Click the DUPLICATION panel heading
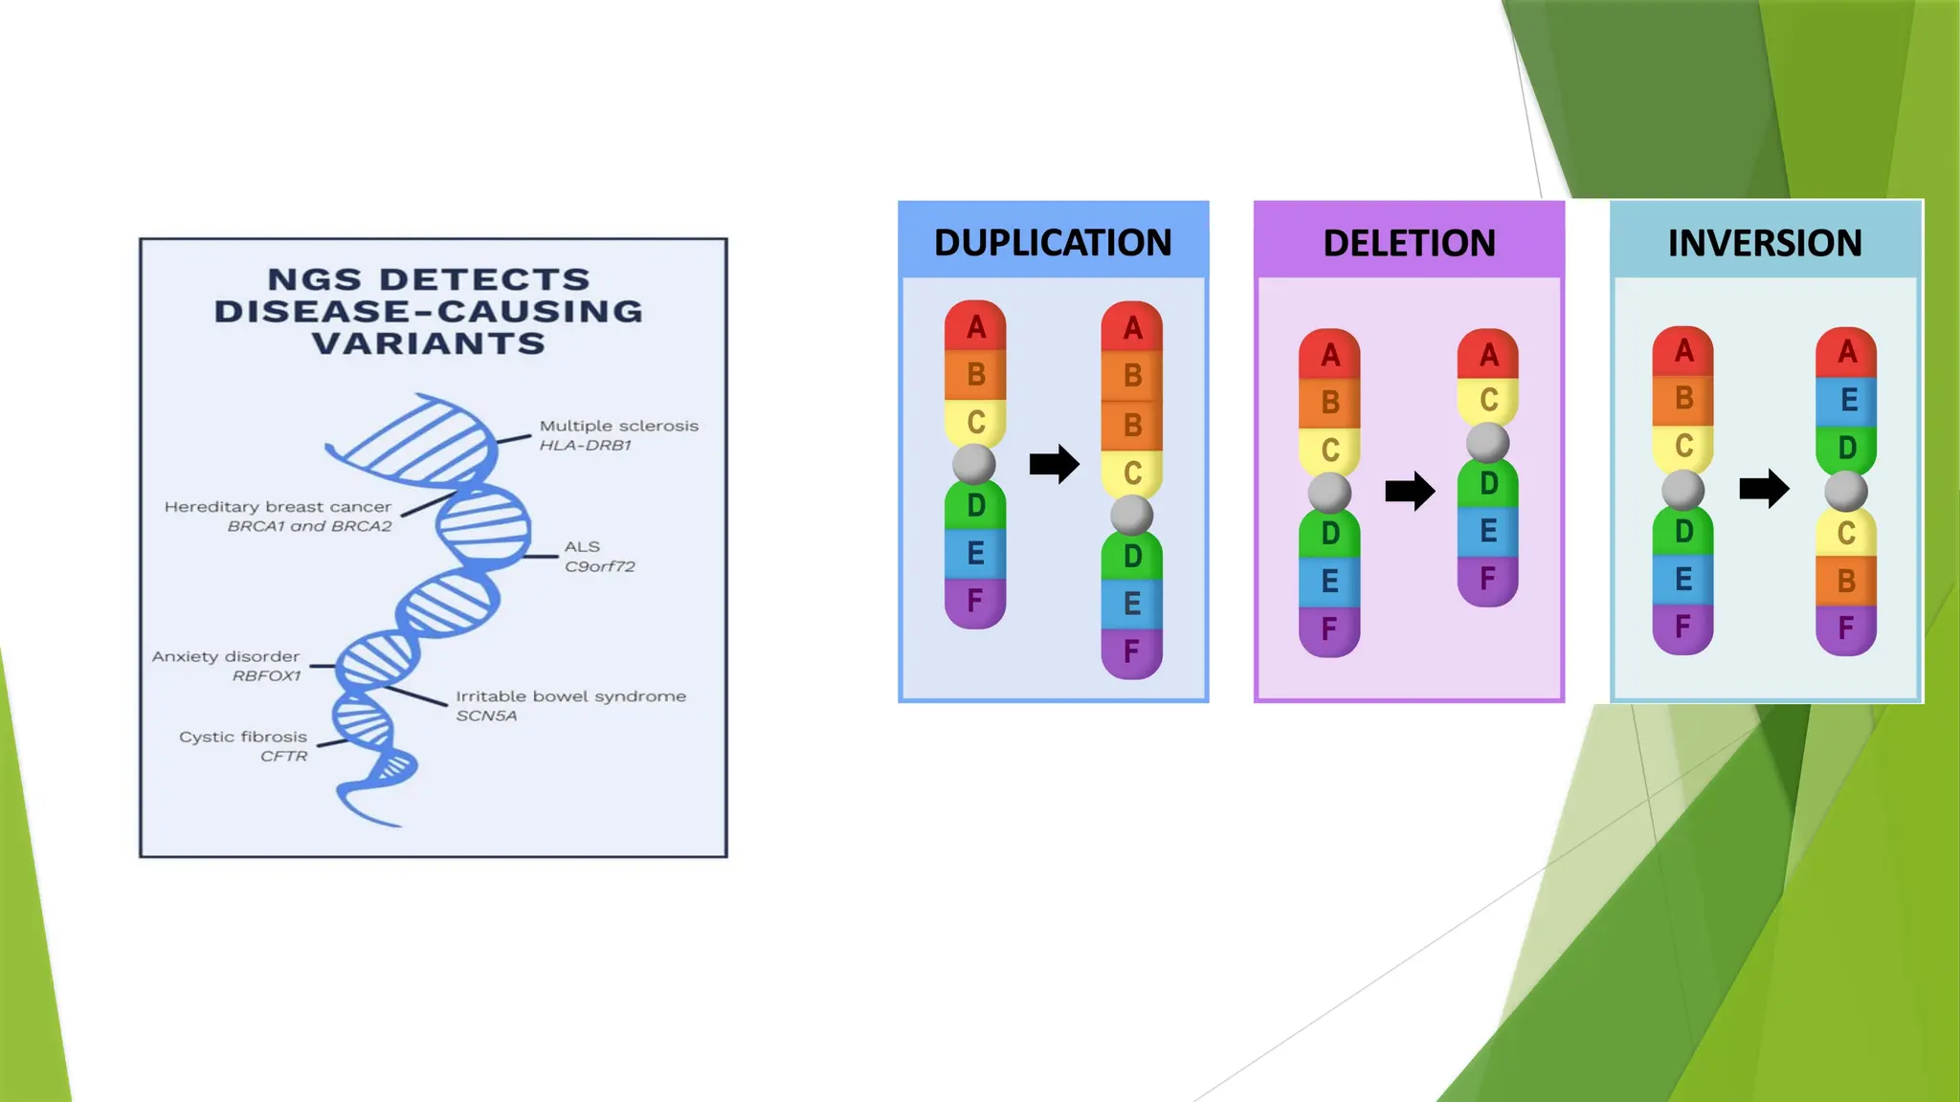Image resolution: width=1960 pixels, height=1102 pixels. click(1053, 243)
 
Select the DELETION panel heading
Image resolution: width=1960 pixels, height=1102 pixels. click(1409, 243)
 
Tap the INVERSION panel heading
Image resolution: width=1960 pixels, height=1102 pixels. click(1765, 243)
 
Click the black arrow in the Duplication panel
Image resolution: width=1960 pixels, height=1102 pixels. click(1054, 465)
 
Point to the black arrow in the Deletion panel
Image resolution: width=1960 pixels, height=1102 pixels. click(1410, 492)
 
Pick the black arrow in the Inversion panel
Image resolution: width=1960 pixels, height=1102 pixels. click(1764, 489)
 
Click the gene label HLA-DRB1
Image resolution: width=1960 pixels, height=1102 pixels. click(585, 446)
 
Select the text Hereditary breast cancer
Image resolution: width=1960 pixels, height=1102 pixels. click(278, 507)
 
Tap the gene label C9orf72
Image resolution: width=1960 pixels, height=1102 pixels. click(599, 566)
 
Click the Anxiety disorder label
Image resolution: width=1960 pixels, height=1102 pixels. click(226, 656)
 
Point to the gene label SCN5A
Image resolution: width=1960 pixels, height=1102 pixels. click(486, 716)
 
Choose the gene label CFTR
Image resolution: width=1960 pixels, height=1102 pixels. click(284, 757)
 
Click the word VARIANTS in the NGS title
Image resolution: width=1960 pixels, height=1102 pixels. click(429, 343)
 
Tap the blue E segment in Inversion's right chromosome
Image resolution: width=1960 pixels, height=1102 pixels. click(1847, 400)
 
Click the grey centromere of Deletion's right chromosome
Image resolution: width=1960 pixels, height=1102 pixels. click(1487, 442)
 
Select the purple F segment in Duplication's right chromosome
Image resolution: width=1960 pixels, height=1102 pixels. click(1131, 652)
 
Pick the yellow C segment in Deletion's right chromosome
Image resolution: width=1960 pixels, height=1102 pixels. click(1488, 400)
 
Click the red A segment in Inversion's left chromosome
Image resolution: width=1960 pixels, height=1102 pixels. click(1683, 351)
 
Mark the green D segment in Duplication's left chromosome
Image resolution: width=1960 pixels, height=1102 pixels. click(975, 505)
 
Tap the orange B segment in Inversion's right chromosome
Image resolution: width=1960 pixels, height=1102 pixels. click(1846, 581)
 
